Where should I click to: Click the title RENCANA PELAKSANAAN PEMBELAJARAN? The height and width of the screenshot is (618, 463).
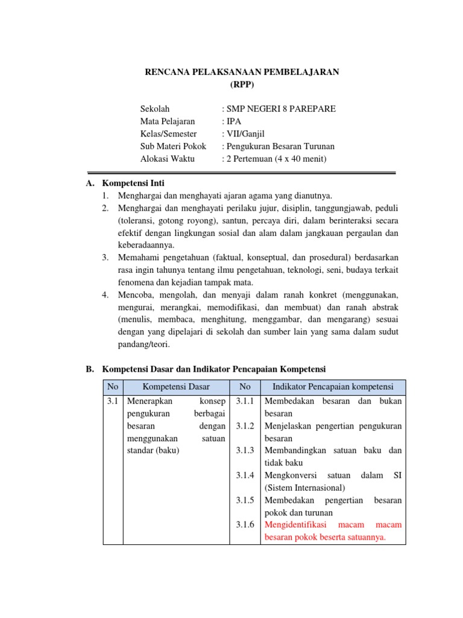tap(243, 72)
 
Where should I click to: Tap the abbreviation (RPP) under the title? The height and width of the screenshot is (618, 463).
tap(243, 84)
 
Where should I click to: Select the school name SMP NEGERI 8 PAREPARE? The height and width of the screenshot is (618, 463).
tap(279, 109)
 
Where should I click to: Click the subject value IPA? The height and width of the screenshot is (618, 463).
tap(231, 121)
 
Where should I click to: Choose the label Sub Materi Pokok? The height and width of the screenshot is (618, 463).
tap(173, 147)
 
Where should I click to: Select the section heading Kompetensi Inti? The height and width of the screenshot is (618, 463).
tap(133, 183)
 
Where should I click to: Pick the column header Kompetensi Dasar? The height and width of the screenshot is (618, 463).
tap(176, 387)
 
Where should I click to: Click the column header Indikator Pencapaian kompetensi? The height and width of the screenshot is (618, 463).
tap(333, 387)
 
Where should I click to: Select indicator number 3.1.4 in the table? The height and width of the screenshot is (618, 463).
tap(245, 476)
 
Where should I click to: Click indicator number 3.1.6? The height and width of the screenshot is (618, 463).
tap(245, 525)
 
